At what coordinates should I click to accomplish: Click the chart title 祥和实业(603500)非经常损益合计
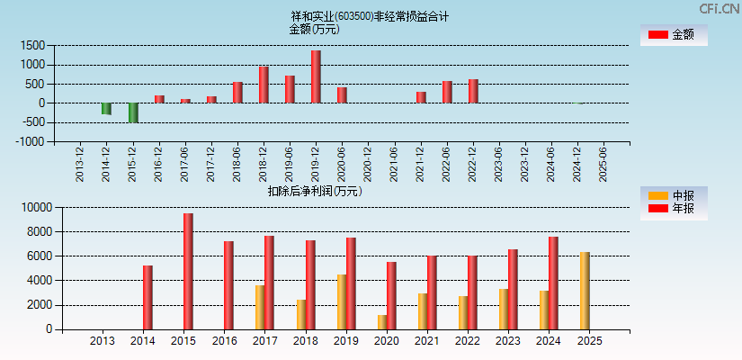coord(370,16)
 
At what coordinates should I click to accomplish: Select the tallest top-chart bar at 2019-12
coord(316,76)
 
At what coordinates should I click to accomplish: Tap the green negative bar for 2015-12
coord(133,112)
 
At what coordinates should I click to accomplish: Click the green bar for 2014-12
coord(106,109)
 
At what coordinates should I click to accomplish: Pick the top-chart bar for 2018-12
coord(264,85)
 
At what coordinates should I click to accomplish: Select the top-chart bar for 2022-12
coord(473,91)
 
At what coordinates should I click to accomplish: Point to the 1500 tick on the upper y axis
coord(34,45)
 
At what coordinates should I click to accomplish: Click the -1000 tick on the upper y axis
coord(32,141)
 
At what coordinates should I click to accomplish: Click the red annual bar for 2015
coord(188,271)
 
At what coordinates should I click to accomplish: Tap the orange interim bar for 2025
coord(585,291)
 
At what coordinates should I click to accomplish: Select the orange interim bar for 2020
coord(382,322)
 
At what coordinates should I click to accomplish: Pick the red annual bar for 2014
coord(148,297)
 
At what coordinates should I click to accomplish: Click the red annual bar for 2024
coord(553,283)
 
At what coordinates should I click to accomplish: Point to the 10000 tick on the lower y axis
coord(32,207)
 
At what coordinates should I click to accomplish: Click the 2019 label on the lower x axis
coord(345,341)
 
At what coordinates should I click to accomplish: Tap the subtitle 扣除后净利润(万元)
coord(315,191)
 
